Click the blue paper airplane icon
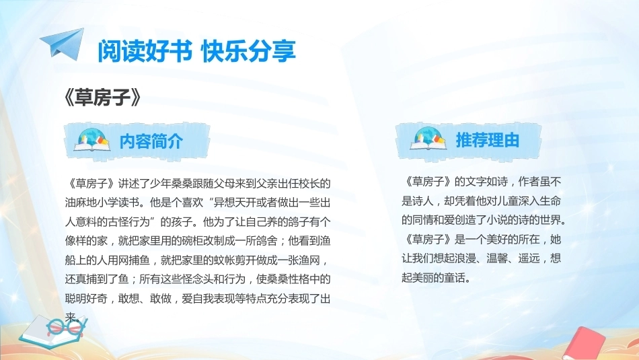click(x=63, y=43)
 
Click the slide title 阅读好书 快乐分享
click(x=196, y=51)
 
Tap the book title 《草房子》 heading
click(x=103, y=98)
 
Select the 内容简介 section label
click(x=151, y=141)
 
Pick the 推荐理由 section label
click(x=488, y=140)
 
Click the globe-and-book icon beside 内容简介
click(x=92, y=139)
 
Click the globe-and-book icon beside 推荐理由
click(x=428, y=138)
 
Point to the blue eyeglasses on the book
click(x=65, y=326)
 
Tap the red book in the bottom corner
click(x=586, y=345)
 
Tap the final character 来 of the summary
click(x=70, y=317)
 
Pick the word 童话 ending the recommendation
click(x=455, y=278)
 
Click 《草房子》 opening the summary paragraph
click(x=91, y=184)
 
